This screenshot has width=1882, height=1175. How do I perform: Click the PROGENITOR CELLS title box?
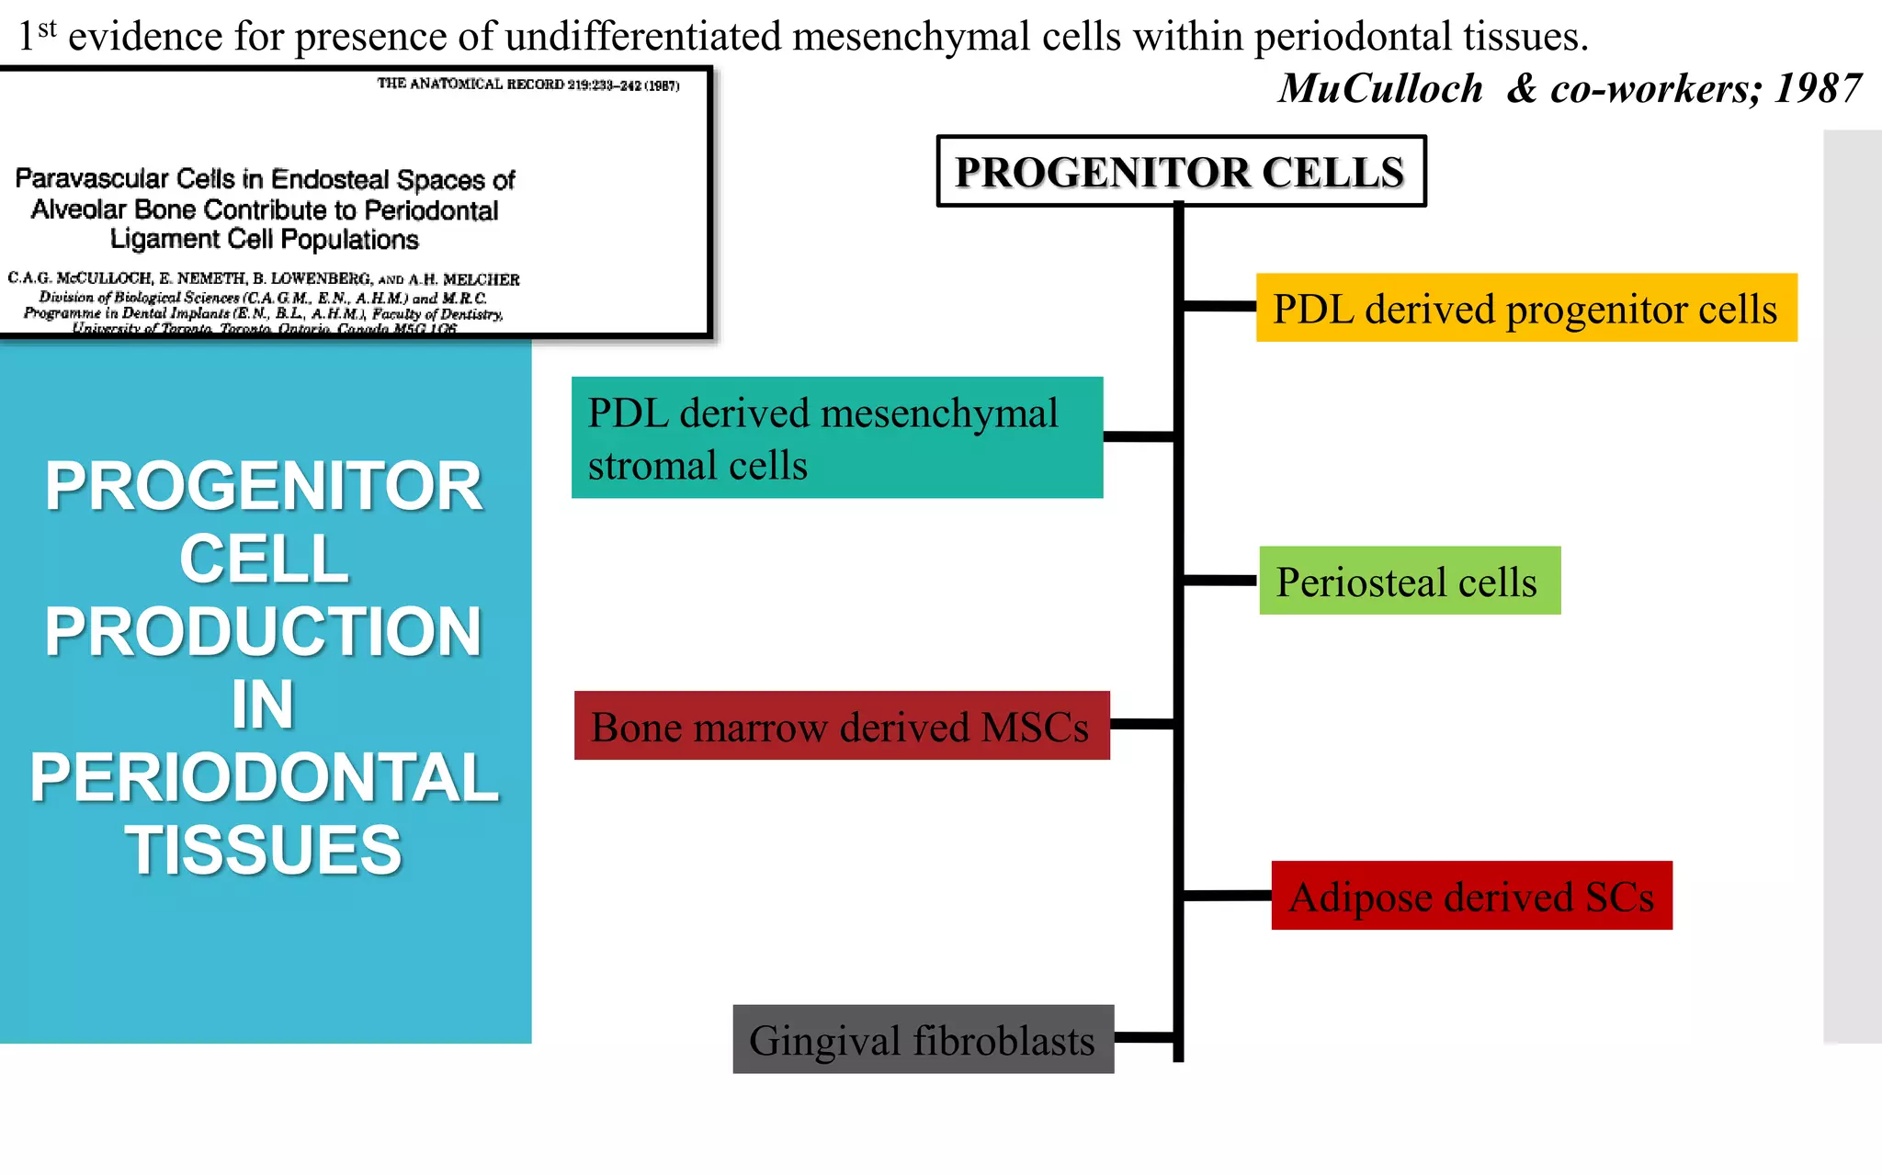(x=1181, y=172)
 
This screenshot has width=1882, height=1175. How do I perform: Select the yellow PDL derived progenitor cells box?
(x=1525, y=308)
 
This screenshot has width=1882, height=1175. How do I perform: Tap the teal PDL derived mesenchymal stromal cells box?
(x=836, y=438)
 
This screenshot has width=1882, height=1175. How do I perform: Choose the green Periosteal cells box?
(x=1409, y=581)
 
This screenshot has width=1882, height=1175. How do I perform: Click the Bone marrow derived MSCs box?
(x=841, y=726)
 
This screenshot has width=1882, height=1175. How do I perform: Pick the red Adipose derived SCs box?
(x=1471, y=896)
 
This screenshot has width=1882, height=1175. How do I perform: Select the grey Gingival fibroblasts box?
(x=923, y=1039)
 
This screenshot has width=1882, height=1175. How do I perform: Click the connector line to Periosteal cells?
(x=1220, y=581)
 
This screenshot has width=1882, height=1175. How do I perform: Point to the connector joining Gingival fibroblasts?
(x=1144, y=1038)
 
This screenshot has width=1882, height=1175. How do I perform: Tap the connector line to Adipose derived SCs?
(x=1227, y=895)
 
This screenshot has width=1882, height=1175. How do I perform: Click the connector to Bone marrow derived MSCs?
(x=1141, y=725)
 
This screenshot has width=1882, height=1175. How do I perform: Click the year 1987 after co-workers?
(x=1817, y=89)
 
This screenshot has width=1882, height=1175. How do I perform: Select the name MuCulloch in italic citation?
(x=1380, y=89)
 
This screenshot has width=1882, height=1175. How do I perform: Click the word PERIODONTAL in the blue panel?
(x=265, y=777)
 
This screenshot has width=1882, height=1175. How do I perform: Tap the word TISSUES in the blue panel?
(x=264, y=850)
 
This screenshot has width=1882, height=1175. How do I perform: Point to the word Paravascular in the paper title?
(x=92, y=178)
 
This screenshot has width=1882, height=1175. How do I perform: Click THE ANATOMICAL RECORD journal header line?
(x=527, y=85)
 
